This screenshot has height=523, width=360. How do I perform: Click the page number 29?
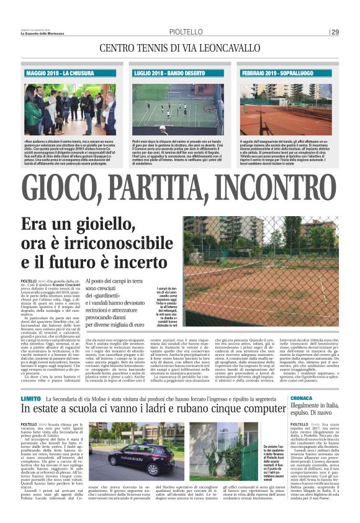click(x=335, y=32)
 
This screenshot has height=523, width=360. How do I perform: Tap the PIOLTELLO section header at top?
click(x=184, y=32)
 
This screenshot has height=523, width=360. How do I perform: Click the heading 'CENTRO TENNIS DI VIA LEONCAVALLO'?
click(x=179, y=48)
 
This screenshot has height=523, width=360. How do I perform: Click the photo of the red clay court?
click(x=287, y=106)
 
